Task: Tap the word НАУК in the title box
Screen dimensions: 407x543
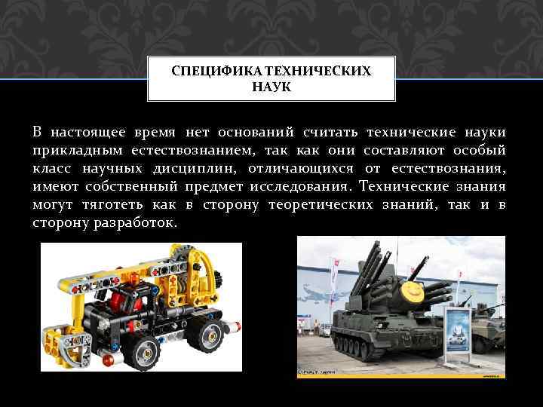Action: pos(271,87)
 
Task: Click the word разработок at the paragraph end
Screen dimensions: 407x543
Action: pos(136,223)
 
